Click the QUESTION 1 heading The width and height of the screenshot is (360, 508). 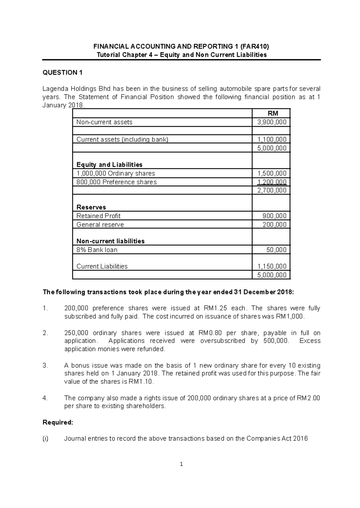coord(62,73)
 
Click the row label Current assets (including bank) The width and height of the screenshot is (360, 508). coord(122,139)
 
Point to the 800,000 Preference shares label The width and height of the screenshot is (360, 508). coord(116,182)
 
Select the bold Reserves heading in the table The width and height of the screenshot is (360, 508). coord(91,207)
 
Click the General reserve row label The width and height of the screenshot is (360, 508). coord(100,225)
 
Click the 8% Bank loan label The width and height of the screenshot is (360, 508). coord(97,250)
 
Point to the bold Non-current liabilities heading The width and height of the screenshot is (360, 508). coord(110,241)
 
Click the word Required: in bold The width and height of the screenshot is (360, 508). coord(58,423)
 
